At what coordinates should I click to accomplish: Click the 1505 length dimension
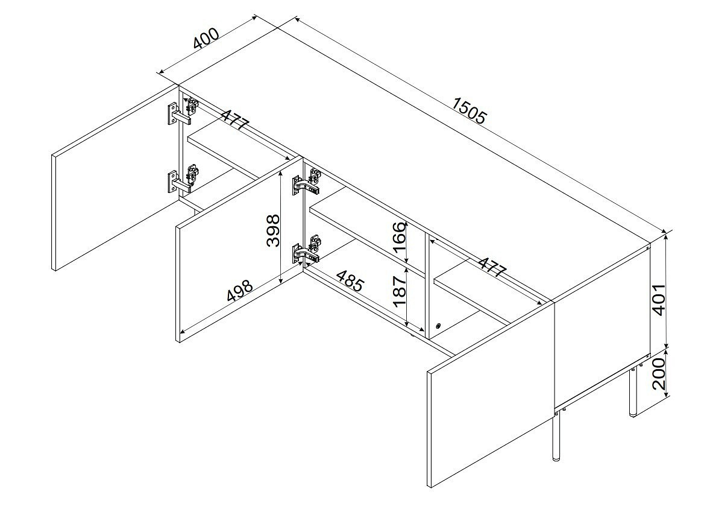click(x=468, y=110)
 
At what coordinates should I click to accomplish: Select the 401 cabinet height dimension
click(x=659, y=299)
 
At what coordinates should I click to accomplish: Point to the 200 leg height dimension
click(x=659, y=374)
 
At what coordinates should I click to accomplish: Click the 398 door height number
click(x=273, y=230)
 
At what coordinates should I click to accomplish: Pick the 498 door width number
click(x=239, y=290)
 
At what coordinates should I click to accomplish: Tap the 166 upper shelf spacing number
click(x=399, y=239)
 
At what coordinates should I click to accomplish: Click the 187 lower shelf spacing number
click(x=399, y=293)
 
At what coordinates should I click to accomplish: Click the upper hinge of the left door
click(x=183, y=112)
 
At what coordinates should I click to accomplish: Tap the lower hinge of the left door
click(x=183, y=179)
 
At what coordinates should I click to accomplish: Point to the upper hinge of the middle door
click(x=307, y=181)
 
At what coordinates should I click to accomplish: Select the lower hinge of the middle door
click(x=306, y=250)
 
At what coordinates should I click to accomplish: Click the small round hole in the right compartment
click(x=438, y=326)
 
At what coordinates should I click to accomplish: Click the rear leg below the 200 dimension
click(x=632, y=390)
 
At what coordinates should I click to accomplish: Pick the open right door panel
click(x=491, y=394)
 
